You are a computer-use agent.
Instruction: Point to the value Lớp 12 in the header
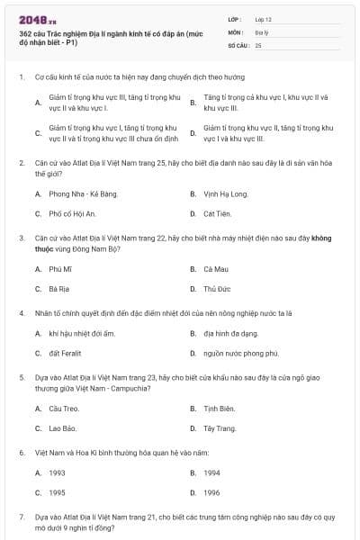(x=263, y=18)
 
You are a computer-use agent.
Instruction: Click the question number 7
(x=21, y=517)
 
